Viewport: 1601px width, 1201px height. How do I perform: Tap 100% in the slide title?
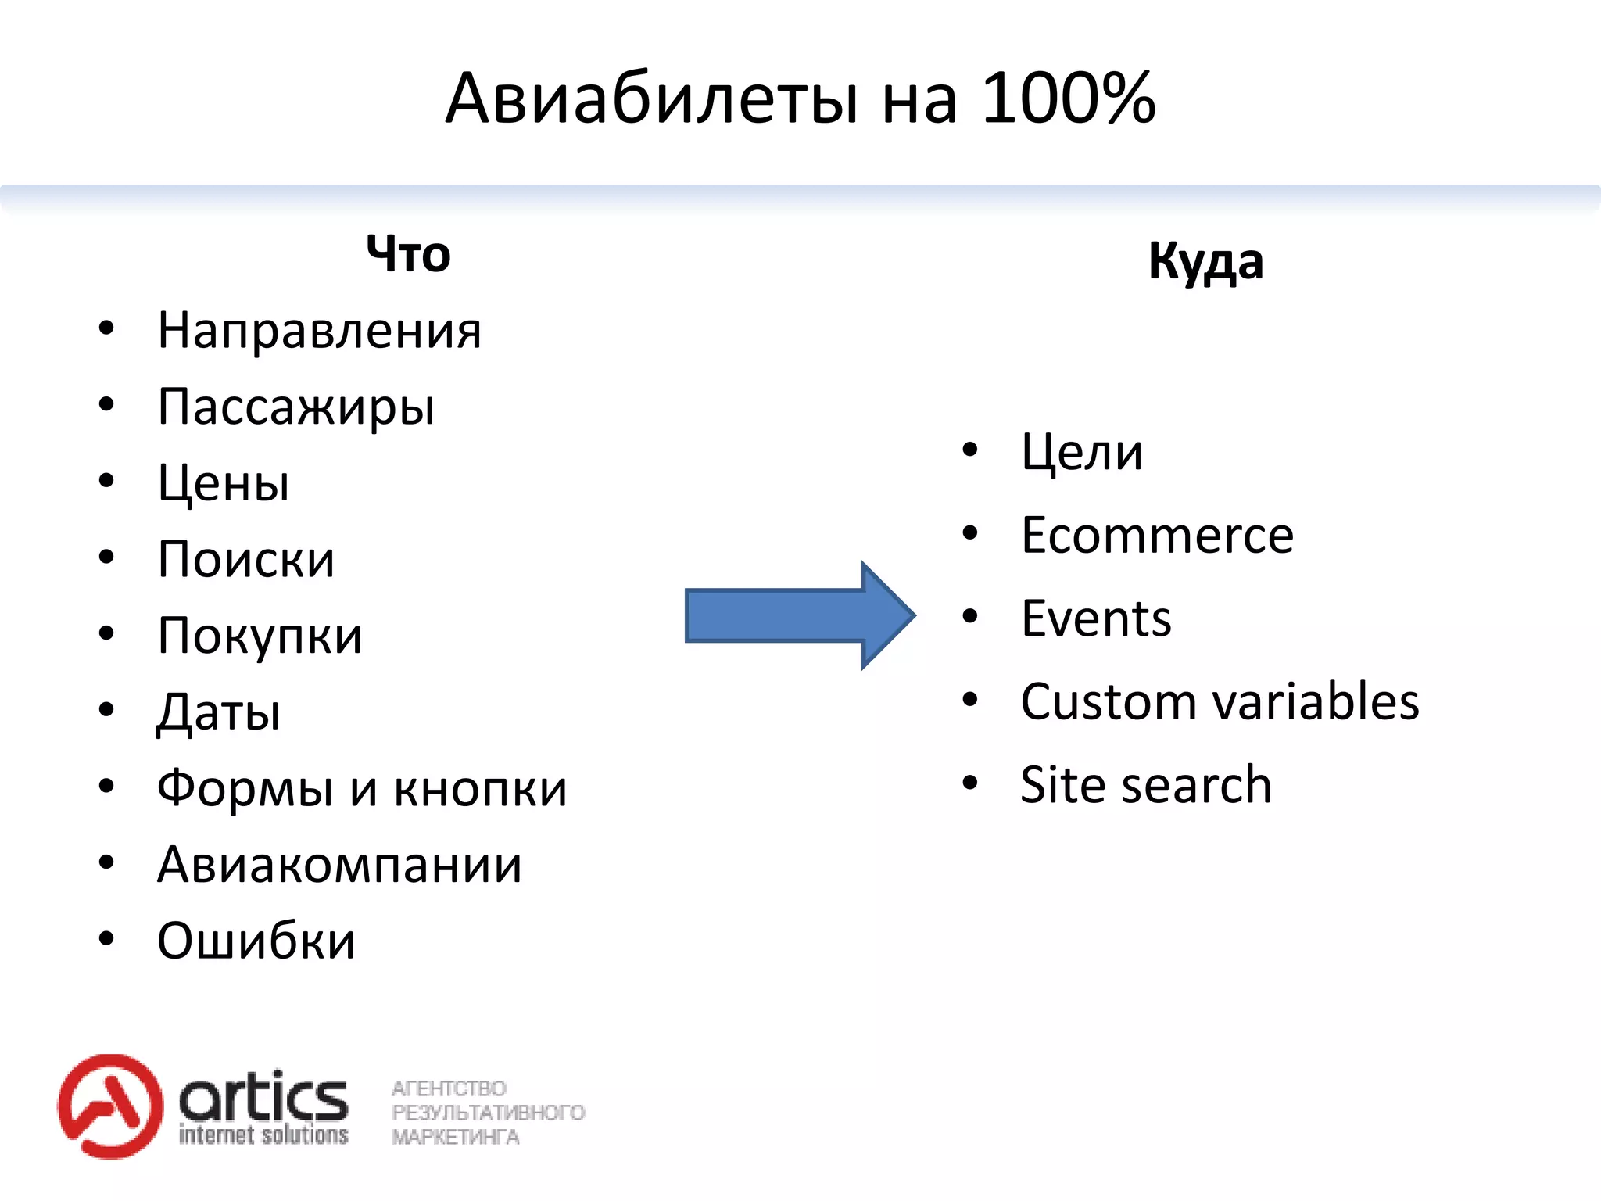tap(1067, 99)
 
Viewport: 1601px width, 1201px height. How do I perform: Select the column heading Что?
tap(408, 254)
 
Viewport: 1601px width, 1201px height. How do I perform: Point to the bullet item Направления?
tap(319, 331)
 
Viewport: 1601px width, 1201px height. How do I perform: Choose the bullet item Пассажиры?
tap(295, 407)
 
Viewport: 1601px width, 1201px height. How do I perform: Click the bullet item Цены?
tap(224, 483)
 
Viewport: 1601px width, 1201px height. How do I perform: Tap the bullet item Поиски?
tap(246, 560)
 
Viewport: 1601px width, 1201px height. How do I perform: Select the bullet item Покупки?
tap(260, 636)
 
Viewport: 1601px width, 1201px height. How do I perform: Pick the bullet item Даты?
tap(219, 712)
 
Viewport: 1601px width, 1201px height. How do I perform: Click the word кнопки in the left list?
tap(480, 789)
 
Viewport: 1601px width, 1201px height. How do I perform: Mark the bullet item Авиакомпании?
tap(339, 865)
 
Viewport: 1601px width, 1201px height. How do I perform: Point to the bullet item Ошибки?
tap(256, 941)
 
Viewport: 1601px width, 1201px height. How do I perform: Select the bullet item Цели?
tap(1082, 452)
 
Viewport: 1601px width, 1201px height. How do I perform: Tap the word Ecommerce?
tap(1157, 536)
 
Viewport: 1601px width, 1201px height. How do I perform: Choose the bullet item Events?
tap(1096, 618)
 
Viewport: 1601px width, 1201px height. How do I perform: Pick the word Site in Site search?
tap(1060, 784)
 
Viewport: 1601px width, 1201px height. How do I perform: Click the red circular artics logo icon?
tap(110, 1106)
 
